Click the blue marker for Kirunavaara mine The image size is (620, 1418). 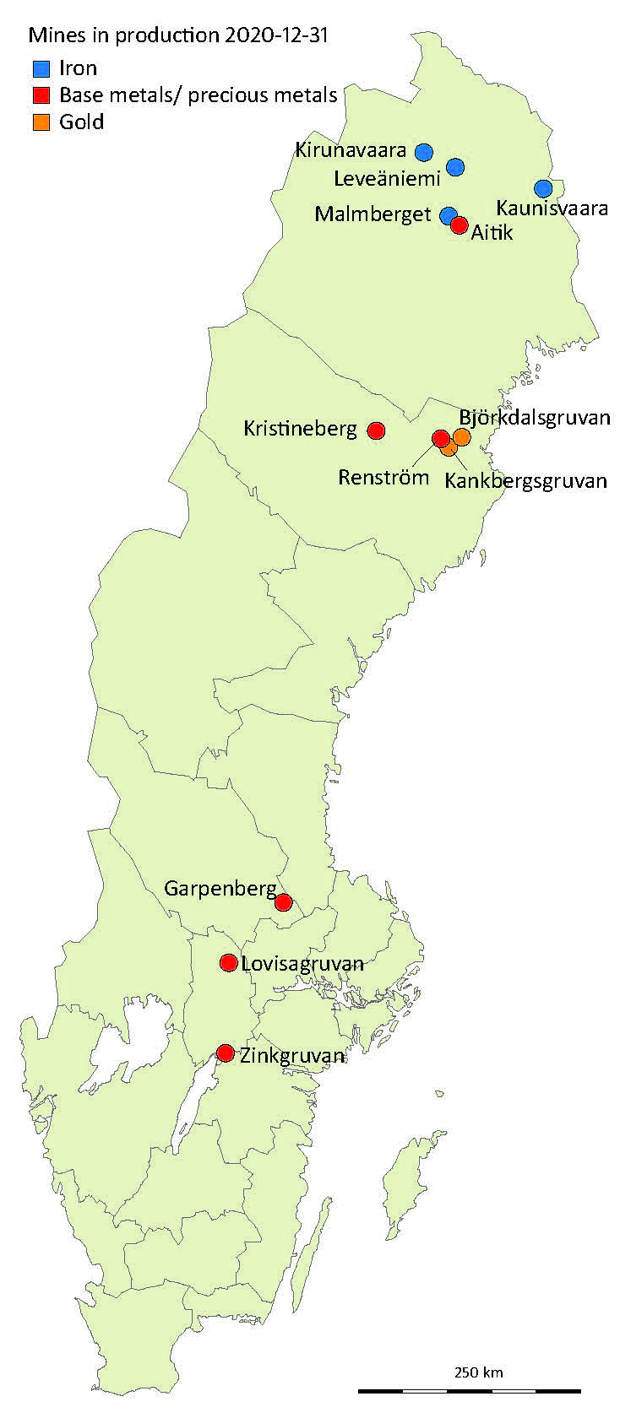[424, 152]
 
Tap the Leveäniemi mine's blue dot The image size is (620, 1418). [455, 167]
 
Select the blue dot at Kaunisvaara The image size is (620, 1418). [543, 188]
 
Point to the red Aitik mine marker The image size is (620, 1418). [460, 225]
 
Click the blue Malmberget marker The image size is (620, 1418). [449, 216]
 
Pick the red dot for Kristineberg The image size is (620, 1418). [376, 430]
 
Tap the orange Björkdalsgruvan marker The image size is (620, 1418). [461, 436]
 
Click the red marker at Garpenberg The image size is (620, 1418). [284, 902]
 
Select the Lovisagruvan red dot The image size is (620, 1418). [228, 962]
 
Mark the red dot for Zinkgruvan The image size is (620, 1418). [226, 1053]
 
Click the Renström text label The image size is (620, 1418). [384, 477]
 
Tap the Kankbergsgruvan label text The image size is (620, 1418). [525, 481]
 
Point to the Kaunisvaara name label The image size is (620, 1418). [552, 208]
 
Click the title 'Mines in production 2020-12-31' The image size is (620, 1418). [178, 35]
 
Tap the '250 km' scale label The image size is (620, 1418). [479, 1372]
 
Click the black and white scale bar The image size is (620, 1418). [469, 1389]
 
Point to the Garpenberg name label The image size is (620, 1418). [220, 888]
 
